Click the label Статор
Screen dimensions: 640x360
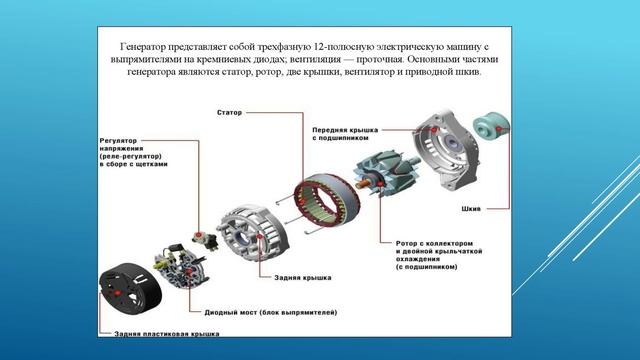[229, 112]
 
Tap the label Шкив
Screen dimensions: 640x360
[471, 209]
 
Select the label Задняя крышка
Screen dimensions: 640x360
[302, 278]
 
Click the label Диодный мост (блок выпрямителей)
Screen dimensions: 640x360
[271, 312]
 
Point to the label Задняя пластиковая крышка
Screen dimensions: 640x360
[167, 333]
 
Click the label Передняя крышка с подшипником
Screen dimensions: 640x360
[345, 134]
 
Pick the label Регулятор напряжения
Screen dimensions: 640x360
[121, 144]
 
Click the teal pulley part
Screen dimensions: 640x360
[491, 127]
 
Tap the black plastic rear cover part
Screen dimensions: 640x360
[130, 290]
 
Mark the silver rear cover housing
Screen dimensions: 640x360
[253, 231]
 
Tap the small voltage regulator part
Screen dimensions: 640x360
[205, 240]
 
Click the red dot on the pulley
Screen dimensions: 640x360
[498, 129]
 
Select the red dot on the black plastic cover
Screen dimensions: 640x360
[118, 293]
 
